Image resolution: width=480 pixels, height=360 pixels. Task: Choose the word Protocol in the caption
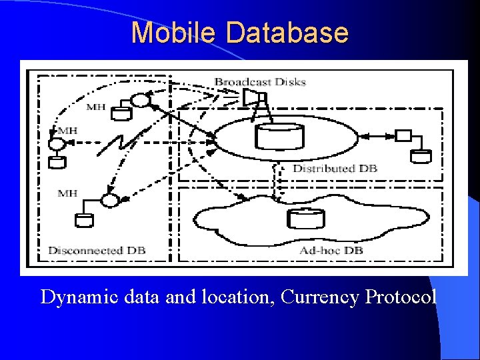pos(401,297)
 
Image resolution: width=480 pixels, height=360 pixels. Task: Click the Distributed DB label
pos(335,169)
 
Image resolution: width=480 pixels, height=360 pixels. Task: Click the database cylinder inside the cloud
pos(305,219)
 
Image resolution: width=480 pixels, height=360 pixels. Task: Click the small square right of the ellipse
pos(402,136)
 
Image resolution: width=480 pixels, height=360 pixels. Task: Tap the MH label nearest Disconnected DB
pos(67,193)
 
